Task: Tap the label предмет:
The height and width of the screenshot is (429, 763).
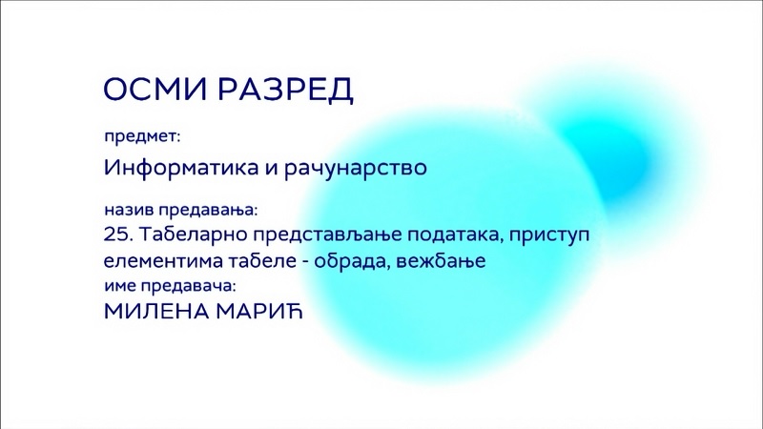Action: [x=142, y=136]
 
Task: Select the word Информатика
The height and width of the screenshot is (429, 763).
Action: [x=181, y=168]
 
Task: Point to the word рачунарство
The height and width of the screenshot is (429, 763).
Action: [x=356, y=168]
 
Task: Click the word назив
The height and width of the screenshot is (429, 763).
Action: [x=129, y=210]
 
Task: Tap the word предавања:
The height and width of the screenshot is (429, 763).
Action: [x=208, y=211]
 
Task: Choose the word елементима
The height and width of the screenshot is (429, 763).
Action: [x=163, y=261]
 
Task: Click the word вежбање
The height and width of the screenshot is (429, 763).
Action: [x=442, y=261]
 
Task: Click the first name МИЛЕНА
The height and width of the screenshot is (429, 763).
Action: [x=156, y=312]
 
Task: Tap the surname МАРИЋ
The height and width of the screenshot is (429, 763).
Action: [x=259, y=311]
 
